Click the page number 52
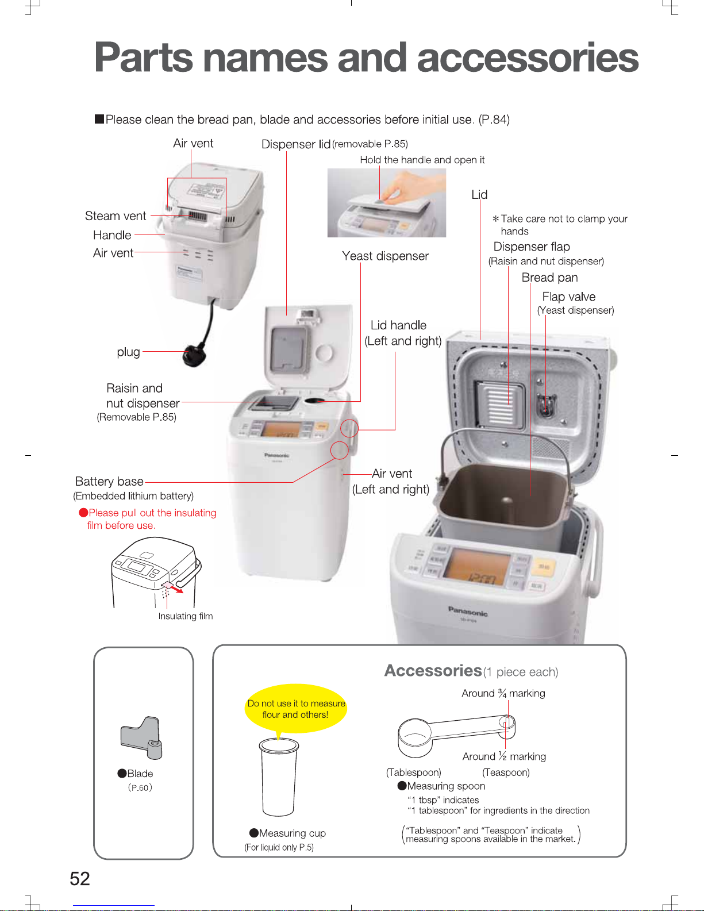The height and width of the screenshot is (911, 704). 80,878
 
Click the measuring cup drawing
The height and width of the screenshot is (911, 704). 279,776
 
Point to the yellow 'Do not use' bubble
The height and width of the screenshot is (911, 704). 296,709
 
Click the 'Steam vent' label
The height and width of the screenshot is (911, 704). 116,216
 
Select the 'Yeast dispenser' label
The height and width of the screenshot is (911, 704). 385,256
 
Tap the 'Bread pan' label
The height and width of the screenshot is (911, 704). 549,278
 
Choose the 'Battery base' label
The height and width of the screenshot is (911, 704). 109,482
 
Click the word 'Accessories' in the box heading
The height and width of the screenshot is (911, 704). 433,671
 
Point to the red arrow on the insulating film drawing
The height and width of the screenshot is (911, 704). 176,589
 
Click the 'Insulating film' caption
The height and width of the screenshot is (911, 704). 186,616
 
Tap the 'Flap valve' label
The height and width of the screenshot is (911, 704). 568,297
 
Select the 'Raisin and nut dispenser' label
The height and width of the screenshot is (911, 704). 143,396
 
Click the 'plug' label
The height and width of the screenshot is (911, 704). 128,352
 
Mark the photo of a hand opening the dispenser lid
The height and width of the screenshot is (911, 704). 386,202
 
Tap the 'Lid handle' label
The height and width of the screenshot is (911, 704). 398,325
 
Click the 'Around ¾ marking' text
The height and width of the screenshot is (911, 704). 503,693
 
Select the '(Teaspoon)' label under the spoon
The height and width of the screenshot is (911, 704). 506,772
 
